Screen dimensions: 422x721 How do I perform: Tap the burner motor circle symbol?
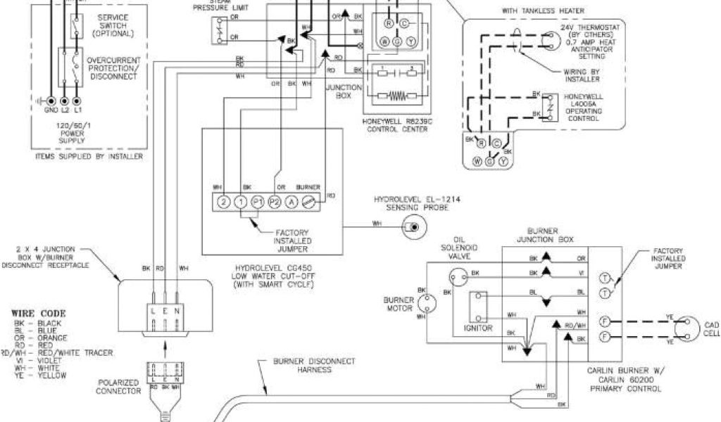pyautogui.click(x=427, y=304)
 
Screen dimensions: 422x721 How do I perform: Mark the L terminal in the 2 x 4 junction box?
pyautogui.click(x=152, y=310)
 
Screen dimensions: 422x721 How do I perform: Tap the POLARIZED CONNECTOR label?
pyautogui.click(x=118, y=387)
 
